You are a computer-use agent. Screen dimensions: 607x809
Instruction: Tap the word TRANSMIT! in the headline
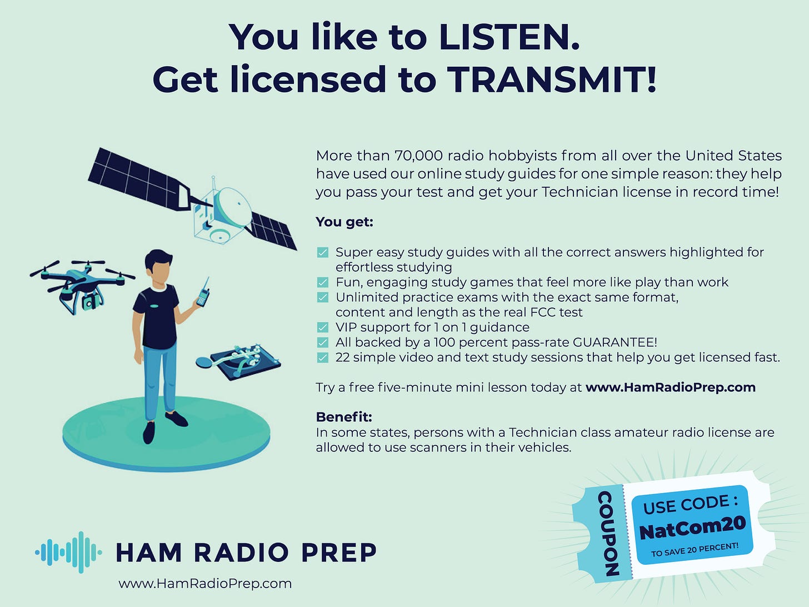pos(552,79)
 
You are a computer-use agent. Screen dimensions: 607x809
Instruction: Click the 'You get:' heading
pos(344,222)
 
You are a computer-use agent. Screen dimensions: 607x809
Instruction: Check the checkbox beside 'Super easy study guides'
pos(322,252)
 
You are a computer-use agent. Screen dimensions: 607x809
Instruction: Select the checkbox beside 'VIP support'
pos(322,327)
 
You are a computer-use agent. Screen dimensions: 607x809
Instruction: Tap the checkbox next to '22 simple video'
pos(322,357)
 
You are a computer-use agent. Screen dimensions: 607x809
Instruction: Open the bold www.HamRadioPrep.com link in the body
pos(670,387)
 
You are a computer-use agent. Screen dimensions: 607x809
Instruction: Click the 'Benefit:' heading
pos(344,417)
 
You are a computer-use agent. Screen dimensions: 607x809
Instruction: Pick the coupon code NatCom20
pos(692,527)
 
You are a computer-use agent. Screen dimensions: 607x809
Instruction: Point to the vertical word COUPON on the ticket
pos(607,533)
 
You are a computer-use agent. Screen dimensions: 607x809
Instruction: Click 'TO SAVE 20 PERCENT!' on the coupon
pos(695,550)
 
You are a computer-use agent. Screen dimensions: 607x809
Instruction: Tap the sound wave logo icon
pos(68,552)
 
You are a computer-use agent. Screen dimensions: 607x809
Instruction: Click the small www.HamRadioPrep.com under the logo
pos(205,584)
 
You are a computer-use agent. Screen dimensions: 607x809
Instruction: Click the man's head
pos(158,267)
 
